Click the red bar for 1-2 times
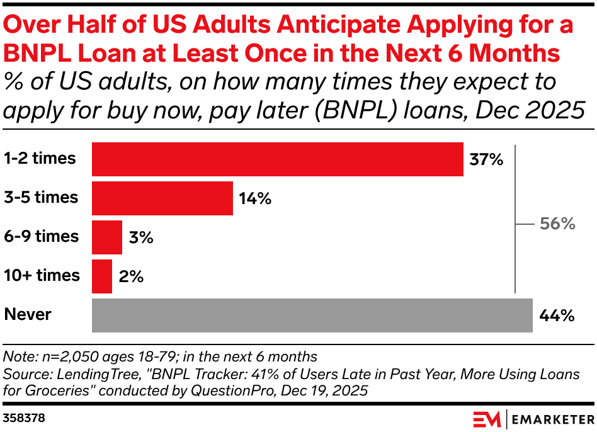[277, 159]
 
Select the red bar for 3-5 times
[162, 198]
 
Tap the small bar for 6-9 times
[106, 237]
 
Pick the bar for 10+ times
[101, 276]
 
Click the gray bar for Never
[312, 315]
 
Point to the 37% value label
[486, 160]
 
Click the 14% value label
[255, 199]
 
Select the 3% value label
[140, 238]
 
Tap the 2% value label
[131, 277]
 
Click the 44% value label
[557, 316]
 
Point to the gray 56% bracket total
[557, 224]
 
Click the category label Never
[28, 314]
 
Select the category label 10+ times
[42, 275]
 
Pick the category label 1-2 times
[40, 158]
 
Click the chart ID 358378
[24, 418]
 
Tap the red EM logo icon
[487, 418]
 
